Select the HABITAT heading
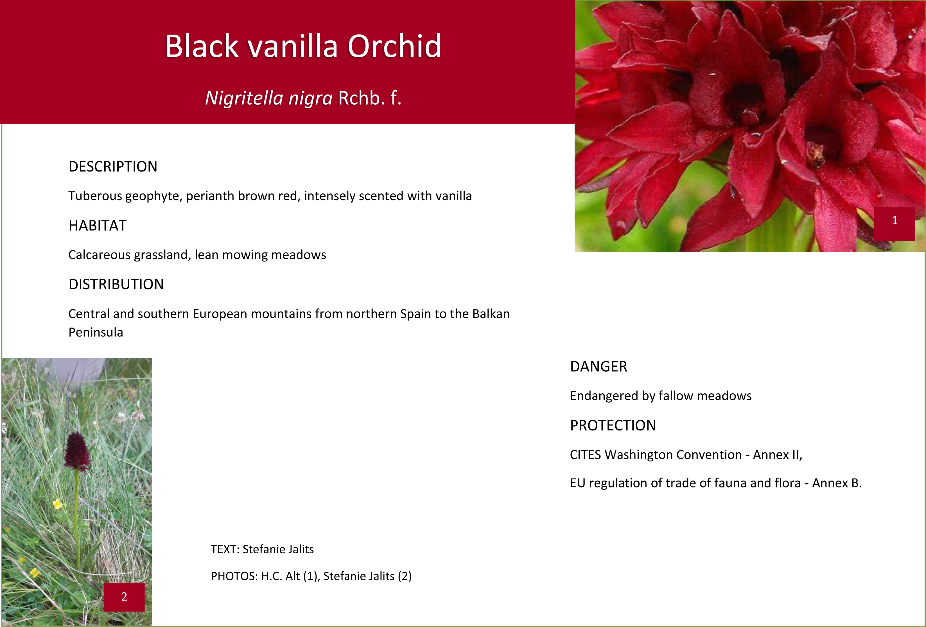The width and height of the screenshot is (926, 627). click(x=97, y=225)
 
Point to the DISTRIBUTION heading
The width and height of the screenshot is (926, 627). click(x=116, y=284)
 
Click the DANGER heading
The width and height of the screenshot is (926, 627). click(x=598, y=367)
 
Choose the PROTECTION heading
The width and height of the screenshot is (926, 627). click(x=613, y=425)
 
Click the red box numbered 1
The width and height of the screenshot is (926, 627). click(x=895, y=224)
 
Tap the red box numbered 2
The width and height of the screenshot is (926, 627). click(x=124, y=597)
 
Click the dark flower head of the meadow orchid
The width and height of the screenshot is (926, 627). click(x=77, y=451)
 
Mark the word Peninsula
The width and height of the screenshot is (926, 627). click(x=96, y=332)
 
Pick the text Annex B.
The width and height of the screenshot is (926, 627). click(x=837, y=483)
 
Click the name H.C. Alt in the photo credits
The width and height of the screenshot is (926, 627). click(x=281, y=576)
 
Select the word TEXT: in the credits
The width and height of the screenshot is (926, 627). click(x=225, y=549)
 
